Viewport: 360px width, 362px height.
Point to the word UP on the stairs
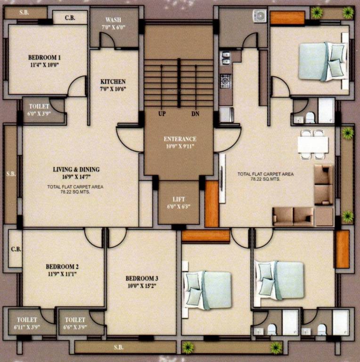click(x=162, y=114)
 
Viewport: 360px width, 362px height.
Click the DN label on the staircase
click(x=196, y=114)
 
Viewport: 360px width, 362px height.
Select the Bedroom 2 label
click(x=62, y=269)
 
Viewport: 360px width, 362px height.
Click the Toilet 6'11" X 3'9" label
click(x=27, y=323)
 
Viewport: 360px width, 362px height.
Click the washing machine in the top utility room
click(x=260, y=16)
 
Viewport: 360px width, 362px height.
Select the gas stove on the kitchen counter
click(x=225, y=81)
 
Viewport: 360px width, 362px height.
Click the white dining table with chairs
click(x=312, y=144)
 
